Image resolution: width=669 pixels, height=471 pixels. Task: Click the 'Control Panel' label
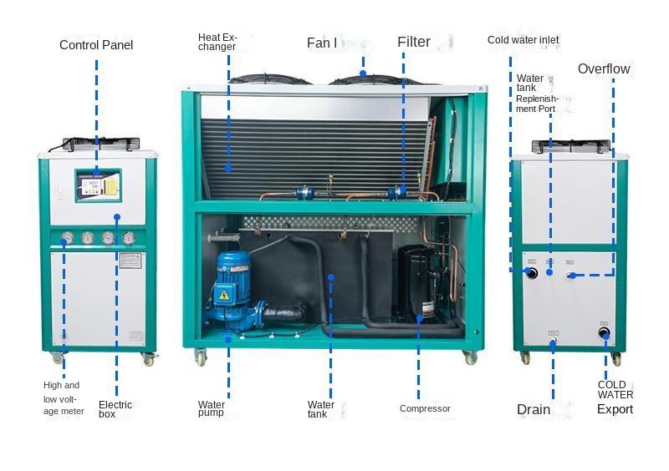[x=96, y=45]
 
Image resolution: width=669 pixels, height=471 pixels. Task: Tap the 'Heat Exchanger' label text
[x=217, y=42]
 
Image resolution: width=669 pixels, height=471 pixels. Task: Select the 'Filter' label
[x=414, y=42]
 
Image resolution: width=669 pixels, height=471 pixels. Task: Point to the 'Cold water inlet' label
[x=523, y=40]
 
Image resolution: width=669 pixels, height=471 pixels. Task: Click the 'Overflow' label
[x=604, y=68]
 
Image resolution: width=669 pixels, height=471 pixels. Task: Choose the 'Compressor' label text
[x=425, y=409]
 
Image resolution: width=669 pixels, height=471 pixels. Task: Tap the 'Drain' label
[x=534, y=409]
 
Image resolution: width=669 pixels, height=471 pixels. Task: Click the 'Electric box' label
[x=115, y=409]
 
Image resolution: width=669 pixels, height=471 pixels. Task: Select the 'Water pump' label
[x=212, y=409]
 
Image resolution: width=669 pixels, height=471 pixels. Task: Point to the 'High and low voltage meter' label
[x=64, y=398]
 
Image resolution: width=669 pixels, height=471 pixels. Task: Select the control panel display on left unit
[x=98, y=184]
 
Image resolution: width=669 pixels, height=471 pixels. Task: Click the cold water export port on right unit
[x=605, y=333]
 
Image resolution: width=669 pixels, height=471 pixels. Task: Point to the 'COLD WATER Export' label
[x=615, y=398]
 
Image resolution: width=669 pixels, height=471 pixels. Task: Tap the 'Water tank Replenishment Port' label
[x=536, y=93]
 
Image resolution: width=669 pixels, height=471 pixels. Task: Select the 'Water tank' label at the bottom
[x=320, y=409]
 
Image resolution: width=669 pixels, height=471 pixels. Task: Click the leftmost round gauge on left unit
[x=68, y=238]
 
